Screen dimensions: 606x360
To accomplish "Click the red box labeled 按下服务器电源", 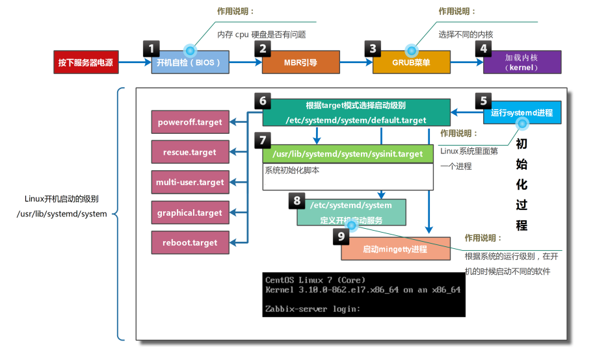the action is point(86,62).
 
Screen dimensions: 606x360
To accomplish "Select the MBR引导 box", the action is point(300,62).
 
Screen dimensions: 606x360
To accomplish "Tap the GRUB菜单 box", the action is point(411,62).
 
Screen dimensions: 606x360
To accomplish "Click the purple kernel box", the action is point(522,62).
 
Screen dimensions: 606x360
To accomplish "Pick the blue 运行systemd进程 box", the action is point(522,112).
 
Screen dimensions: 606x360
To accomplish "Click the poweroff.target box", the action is point(190,122).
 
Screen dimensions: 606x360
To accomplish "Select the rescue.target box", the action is point(190,152).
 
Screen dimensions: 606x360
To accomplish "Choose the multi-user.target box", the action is point(190,182).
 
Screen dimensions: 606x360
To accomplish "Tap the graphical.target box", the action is point(190,212).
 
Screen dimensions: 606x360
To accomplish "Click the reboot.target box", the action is point(190,242).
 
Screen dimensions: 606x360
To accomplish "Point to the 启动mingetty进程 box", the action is point(395,249).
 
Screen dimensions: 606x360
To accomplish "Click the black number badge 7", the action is point(263,140).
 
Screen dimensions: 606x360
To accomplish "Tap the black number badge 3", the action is point(373,49).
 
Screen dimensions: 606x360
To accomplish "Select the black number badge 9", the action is point(341,237).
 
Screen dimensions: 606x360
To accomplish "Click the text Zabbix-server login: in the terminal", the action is point(313,309).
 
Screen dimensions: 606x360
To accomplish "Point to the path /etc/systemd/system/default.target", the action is point(356,120).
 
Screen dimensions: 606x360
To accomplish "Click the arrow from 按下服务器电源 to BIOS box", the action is point(135,62).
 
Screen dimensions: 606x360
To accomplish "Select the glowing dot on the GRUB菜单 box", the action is point(412,50).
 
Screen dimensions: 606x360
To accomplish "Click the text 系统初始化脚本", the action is point(292,170).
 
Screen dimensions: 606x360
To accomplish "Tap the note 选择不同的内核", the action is point(466,34).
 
